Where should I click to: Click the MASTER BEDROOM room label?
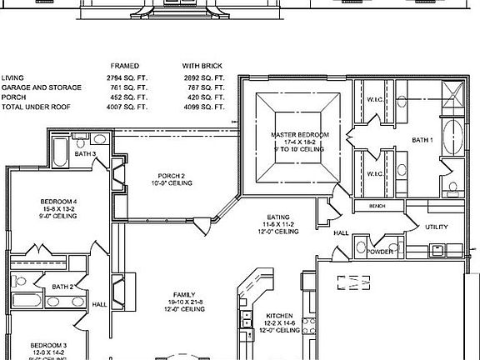(x=300, y=135)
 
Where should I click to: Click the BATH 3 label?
(x=85, y=154)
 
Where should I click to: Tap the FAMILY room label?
(x=185, y=295)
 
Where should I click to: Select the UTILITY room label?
(x=437, y=227)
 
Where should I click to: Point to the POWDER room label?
(x=380, y=251)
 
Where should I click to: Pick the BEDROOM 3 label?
(x=48, y=344)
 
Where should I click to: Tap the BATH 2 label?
(x=63, y=287)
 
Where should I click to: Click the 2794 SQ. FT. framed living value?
(x=128, y=76)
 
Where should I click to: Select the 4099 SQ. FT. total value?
(x=204, y=107)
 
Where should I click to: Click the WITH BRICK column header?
(x=203, y=64)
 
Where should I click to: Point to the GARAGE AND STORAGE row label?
(x=42, y=87)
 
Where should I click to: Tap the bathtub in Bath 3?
(x=61, y=151)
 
